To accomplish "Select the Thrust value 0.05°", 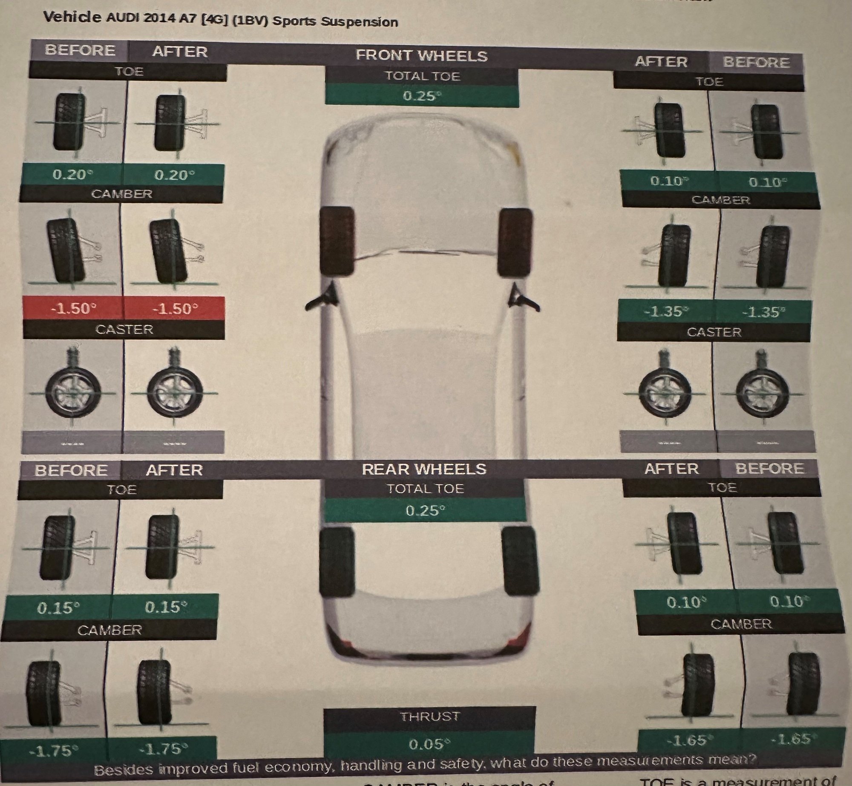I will coord(429,744).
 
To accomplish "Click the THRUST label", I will coord(429,717).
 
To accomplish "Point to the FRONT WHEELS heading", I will coord(421,56).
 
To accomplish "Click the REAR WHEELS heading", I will coord(424,469).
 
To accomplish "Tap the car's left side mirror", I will coord(321,298).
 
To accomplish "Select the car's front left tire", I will coord(337,241).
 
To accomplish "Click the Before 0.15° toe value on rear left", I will coord(58,607).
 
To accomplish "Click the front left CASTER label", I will coord(124,329).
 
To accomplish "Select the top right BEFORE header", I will coord(756,63).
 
